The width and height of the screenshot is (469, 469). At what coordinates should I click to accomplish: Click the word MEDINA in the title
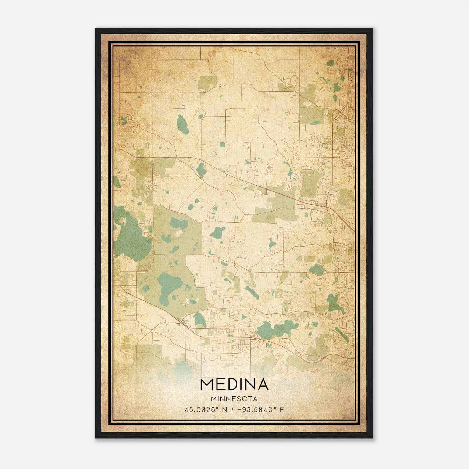click(234, 385)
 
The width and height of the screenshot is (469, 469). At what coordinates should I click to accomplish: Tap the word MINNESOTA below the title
click(234, 399)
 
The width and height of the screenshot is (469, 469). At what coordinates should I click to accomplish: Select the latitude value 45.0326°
click(202, 410)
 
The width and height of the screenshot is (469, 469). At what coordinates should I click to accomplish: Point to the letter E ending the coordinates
click(282, 410)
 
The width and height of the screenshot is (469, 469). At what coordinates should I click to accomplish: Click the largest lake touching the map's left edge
click(130, 237)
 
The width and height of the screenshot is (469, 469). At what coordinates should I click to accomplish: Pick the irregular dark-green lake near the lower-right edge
click(334, 303)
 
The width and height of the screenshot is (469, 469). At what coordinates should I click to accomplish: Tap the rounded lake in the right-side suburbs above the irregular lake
click(316, 269)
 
